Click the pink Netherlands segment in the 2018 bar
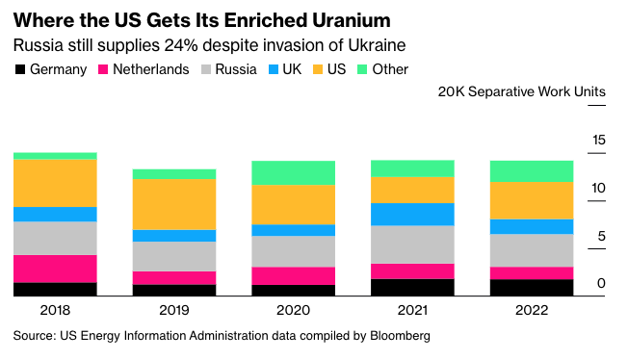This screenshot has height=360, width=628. click(55, 269)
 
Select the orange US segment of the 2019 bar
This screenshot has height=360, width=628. click(173, 204)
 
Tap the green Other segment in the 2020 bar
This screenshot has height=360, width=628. click(293, 172)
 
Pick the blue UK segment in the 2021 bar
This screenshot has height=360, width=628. click(412, 214)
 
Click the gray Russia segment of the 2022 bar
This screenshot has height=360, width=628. click(532, 250)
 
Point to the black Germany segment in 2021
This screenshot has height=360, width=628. click(412, 287)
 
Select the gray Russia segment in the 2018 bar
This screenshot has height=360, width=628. click(55, 238)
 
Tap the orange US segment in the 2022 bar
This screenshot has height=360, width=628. click(532, 200)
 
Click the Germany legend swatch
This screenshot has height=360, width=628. click(20, 69)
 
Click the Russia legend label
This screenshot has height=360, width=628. click(236, 69)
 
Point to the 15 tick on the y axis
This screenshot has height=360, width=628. click(599, 141)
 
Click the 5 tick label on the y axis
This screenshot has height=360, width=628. click(602, 236)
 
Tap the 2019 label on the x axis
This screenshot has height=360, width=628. click(173, 311)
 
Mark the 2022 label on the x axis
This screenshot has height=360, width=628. click(532, 311)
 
